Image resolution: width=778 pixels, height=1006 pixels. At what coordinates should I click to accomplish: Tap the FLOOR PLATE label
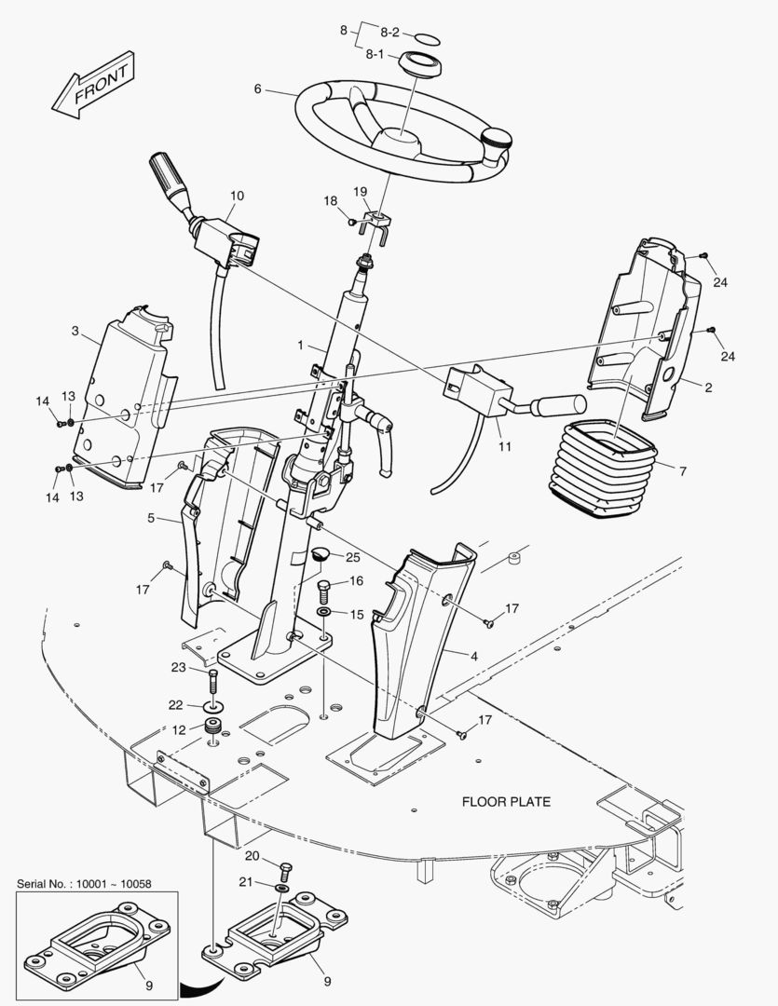(506, 801)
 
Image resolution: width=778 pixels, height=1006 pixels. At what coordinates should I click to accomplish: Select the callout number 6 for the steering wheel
(257, 89)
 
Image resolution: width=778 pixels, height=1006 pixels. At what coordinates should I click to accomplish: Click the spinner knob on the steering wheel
(497, 141)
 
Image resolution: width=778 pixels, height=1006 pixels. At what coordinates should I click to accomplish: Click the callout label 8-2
(389, 32)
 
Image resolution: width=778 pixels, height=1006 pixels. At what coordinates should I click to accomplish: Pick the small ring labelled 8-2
(428, 38)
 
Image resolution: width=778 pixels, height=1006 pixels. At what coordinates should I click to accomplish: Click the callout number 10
(237, 196)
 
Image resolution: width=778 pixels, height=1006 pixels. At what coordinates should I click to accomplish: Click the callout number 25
(351, 557)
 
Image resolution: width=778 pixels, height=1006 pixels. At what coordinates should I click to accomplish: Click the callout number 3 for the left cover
(75, 331)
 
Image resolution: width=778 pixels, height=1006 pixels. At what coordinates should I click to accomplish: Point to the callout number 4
(473, 656)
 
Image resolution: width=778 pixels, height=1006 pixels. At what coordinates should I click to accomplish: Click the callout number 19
(360, 192)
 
